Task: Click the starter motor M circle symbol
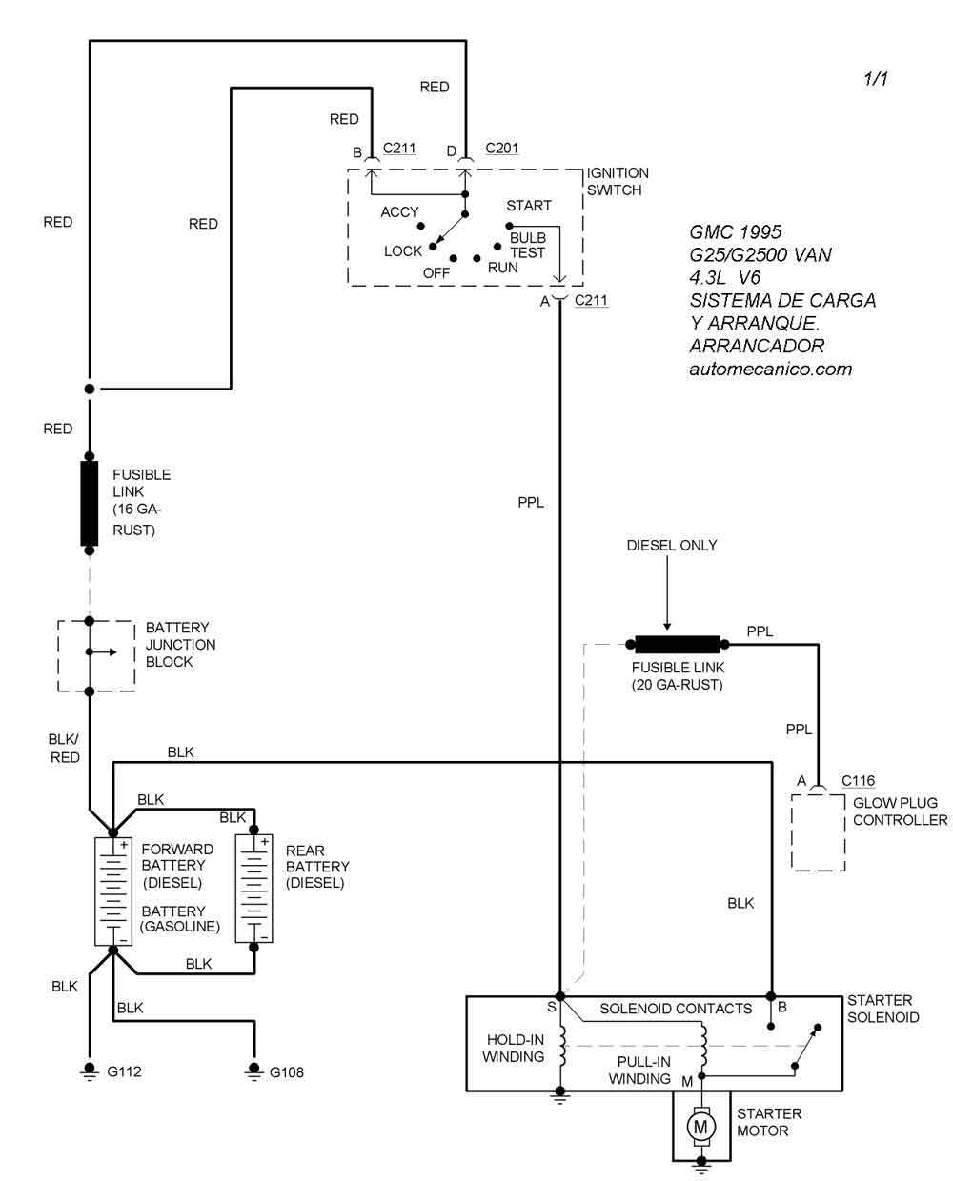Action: [702, 1127]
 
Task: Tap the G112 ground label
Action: [124, 1071]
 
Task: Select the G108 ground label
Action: [287, 1072]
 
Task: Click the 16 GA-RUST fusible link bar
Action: [90, 504]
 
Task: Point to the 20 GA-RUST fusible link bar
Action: [677, 645]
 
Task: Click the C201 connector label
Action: [502, 149]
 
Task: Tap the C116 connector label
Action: [858, 781]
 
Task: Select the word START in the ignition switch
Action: [529, 206]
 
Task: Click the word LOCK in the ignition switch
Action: [403, 251]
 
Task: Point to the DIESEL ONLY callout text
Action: [672, 546]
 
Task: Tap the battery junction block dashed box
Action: [95, 655]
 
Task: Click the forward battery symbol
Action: [112, 890]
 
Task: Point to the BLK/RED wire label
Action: [64, 748]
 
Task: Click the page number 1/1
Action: [876, 79]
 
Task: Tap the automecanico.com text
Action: [770, 369]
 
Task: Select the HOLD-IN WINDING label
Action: [514, 1049]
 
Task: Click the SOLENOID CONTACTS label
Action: [676, 1009]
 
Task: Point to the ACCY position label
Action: [399, 212]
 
